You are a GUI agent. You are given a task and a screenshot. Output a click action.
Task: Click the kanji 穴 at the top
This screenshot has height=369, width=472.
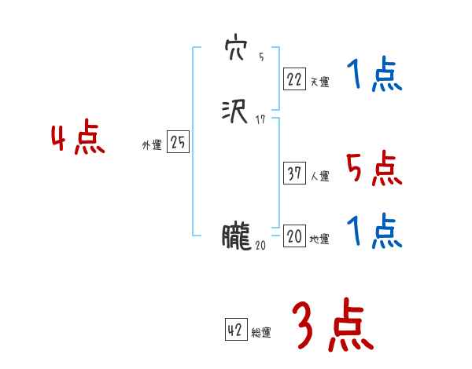pos(236,49)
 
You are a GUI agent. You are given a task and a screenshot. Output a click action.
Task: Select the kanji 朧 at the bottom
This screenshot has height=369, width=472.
pos(235,236)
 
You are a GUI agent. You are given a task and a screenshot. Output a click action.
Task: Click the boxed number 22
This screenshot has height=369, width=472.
pos(293,79)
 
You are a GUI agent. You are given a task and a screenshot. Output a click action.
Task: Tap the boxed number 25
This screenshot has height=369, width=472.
pos(178,143)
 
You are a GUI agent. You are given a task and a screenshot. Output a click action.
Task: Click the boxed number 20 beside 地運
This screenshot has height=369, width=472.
pos(293,237)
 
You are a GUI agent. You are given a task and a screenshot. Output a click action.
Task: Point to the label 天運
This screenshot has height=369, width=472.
pos(319,82)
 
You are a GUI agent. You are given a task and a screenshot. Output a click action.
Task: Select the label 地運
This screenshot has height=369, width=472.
pos(319,239)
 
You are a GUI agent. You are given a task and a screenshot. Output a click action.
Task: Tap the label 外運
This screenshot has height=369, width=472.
pos(152,146)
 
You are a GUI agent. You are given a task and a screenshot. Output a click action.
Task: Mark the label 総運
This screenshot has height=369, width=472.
pos(261,334)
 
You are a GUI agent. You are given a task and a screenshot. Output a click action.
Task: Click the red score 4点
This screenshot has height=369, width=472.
pos(78,141)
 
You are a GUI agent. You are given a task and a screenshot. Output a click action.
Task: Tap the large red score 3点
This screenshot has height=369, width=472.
pos(333,326)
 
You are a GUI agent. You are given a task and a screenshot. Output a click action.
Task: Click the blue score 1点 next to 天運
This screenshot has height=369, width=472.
pos(374,77)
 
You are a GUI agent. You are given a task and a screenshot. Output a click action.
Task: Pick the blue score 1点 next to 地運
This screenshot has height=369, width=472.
pos(374,232)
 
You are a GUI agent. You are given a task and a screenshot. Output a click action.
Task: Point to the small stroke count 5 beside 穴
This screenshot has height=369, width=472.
pos(261,57)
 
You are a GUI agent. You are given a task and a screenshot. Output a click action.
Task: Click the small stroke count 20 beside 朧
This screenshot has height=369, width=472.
pos(260,246)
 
